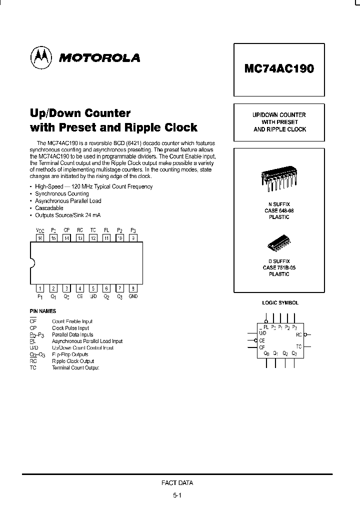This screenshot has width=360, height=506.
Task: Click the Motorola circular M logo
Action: click(41, 57)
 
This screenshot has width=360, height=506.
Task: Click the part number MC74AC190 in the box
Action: click(279, 68)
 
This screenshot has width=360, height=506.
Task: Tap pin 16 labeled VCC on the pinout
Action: click(40, 238)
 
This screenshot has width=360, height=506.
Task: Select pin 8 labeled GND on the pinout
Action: click(132, 288)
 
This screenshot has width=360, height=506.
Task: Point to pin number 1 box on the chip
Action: click(40, 288)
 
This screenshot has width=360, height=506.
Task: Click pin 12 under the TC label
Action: click(93, 238)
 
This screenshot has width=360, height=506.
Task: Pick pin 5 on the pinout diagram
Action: click(93, 288)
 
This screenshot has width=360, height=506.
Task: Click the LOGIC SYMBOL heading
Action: click(280, 303)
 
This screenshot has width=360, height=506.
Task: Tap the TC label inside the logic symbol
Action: click(298, 346)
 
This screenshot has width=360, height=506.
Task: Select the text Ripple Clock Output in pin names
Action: click(73, 361)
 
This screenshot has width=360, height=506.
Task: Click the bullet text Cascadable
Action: click(49, 208)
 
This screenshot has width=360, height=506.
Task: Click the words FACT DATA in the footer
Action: click(177, 483)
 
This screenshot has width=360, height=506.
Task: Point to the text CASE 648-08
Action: click(279, 211)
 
